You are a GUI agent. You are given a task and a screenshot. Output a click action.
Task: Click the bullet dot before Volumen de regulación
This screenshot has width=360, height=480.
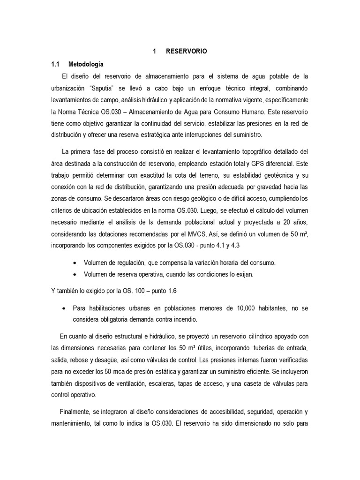76,263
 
